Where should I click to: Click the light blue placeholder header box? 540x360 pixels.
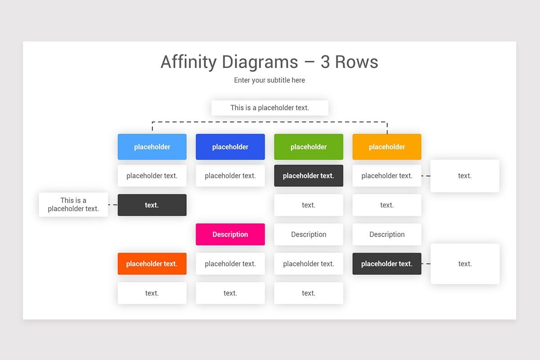[152, 147]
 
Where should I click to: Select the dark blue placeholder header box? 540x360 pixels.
[230, 147]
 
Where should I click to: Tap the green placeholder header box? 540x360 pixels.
[308, 147]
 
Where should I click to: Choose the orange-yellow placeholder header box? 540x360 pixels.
[387, 147]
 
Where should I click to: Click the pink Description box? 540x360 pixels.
[230, 234]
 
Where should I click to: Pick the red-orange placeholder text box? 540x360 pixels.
[152, 264]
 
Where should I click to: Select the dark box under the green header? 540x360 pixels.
[308, 176]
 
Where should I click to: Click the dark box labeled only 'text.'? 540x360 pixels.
[152, 205]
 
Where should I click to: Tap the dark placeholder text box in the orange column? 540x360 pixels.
[387, 264]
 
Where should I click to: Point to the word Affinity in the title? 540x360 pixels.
[188, 62]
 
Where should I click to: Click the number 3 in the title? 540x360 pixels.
[325, 62]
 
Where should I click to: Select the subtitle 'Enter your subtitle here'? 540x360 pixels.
[270, 80]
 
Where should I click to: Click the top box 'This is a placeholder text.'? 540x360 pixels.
[270, 108]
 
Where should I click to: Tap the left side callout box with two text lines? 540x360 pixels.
[73, 205]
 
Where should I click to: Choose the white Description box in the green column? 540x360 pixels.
[308, 234]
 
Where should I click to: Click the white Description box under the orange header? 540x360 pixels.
[387, 234]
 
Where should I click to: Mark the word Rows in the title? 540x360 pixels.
[357, 62]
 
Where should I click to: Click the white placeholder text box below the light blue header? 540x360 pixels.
[152, 176]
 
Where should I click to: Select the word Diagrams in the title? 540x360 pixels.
[260, 62]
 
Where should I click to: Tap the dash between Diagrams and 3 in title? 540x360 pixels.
[309, 63]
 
